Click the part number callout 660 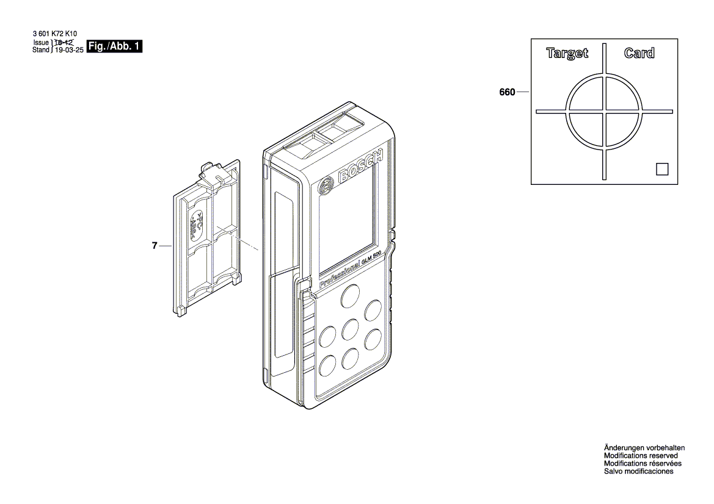507,93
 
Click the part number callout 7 155,246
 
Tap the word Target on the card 567,54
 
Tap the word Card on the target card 639,54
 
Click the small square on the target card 662,169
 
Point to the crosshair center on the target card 605,111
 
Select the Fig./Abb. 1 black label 115,47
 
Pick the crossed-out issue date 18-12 64,43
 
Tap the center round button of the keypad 350,329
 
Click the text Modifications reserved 640,455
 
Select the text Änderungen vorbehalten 644,447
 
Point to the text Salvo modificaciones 638,471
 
